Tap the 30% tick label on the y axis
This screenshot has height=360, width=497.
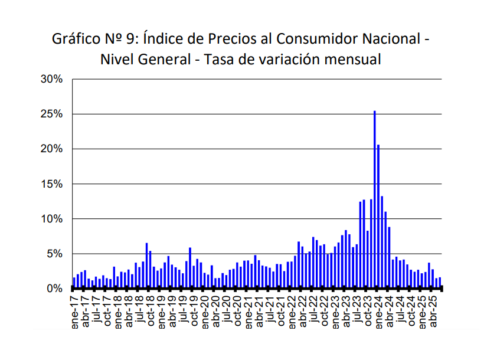coord(51,79)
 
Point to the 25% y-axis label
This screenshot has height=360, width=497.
coord(51,114)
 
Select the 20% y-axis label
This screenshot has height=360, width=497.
coord(51,149)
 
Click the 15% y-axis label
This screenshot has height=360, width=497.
coord(51,184)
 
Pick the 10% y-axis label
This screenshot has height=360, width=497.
coord(51,219)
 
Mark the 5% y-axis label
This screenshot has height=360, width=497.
coord(54,254)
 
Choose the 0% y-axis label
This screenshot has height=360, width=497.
coord(54,289)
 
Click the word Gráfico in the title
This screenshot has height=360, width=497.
coord(76,40)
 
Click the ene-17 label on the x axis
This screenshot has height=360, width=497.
coord(74,310)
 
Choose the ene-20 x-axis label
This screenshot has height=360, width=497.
coord(204,310)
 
